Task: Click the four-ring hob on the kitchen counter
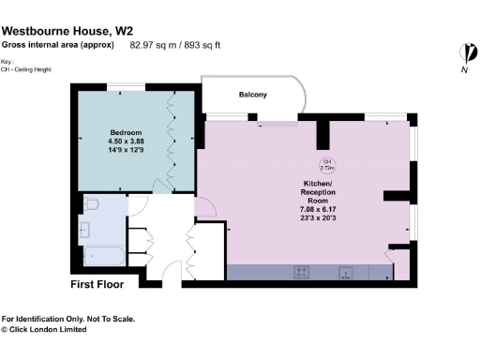click(303, 272)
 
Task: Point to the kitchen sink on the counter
click(347, 272)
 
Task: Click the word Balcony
click(252, 95)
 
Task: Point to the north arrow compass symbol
click(464, 55)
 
